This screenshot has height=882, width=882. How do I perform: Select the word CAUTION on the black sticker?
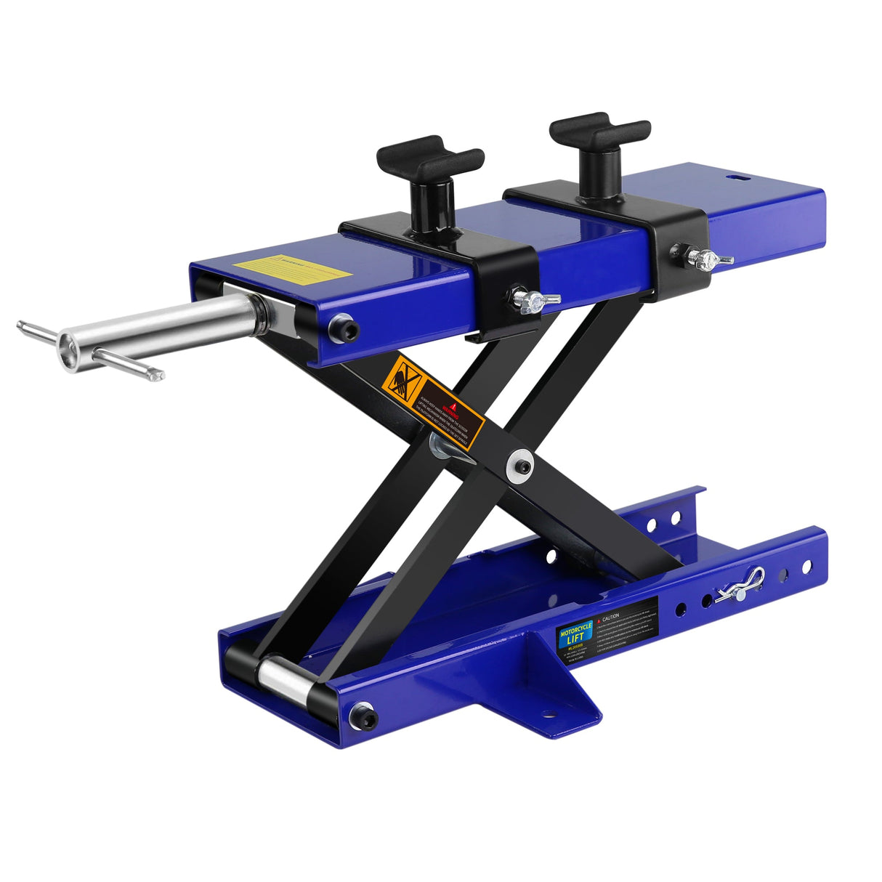(x=610, y=616)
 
